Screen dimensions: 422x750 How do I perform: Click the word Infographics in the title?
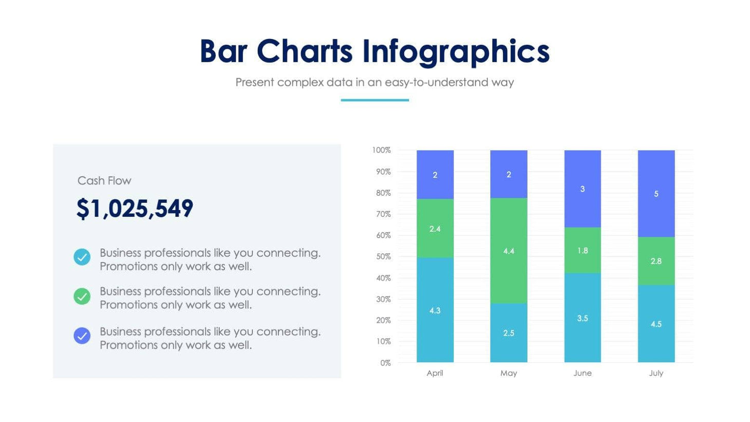coord(456,52)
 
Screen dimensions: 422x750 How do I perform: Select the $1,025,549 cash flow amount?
coord(135,209)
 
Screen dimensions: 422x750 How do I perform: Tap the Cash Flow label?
coord(104,181)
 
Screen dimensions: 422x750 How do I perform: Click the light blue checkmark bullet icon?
coord(82,257)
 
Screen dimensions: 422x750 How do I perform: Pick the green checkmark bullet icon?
coord(82,297)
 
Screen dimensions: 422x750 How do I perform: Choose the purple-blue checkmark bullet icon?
coord(82,336)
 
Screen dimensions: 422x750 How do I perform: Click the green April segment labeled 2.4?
coord(435,229)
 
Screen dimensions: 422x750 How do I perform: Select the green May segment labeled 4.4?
coord(509,251)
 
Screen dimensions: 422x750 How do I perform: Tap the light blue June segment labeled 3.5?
coord(582,318)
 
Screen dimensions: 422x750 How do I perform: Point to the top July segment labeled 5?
coord(656,194)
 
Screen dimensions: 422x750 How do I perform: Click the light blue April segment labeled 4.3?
coord(435,310)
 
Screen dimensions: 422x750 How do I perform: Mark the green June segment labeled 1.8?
coord(582,250)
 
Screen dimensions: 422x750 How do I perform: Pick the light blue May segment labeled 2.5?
coord(509,333)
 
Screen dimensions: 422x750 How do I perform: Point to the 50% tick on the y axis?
coord(383,256)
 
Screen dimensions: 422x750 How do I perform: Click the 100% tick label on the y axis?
coord(381,150)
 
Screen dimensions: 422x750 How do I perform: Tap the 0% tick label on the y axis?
coord(385,363)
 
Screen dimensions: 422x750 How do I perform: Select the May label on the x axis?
coord(509,373)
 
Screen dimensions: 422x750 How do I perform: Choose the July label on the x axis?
coord(656,373)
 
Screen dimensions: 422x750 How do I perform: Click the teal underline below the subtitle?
coord(374,100)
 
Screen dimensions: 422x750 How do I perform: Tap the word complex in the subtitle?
coord(302,82)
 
